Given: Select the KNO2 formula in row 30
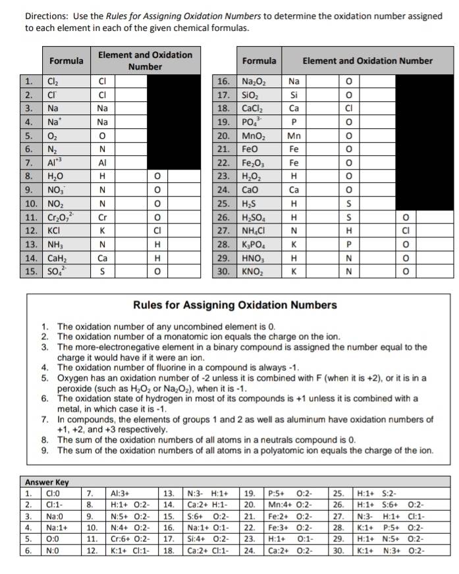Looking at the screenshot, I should coord(254,270).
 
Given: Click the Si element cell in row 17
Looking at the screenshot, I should coord(294,95).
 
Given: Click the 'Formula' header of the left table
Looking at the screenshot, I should coord(66,60).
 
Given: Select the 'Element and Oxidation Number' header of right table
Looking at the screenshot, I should coord(367,60).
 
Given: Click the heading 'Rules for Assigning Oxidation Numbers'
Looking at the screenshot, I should coord(235,304).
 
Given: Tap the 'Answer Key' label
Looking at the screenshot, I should coord(47,481).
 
